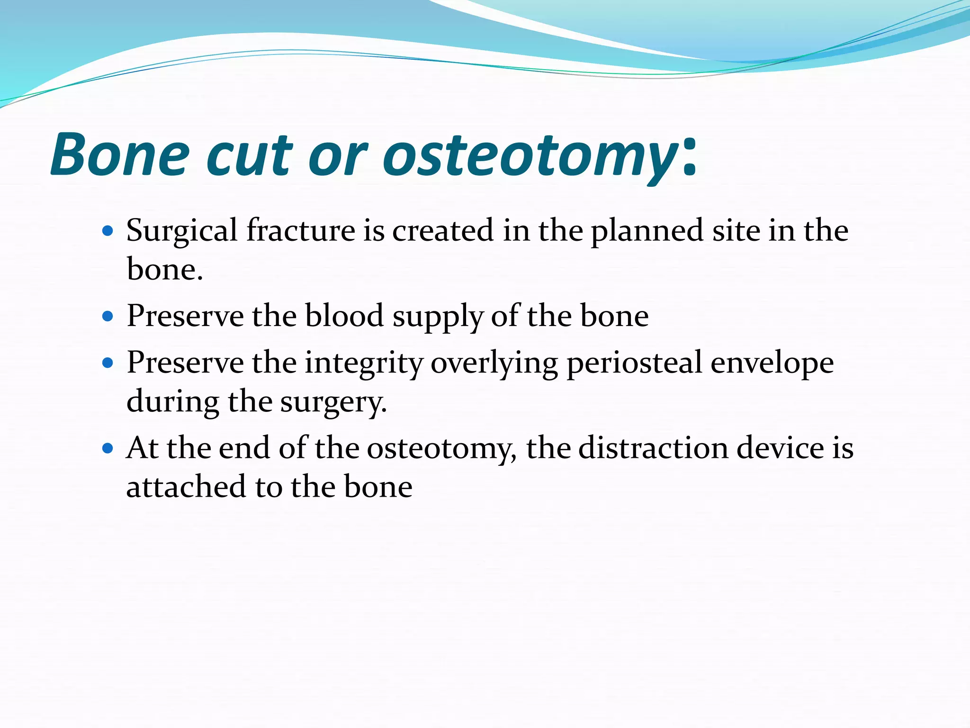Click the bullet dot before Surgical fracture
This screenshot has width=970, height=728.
(x=108, y=231)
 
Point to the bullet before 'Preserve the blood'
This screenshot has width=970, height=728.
(x=108, y=316)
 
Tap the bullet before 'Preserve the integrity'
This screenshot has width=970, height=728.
(x=108, y=364)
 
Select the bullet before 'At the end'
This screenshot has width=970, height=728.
(x=108, y=448)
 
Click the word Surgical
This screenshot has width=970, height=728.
(x=182, y=231)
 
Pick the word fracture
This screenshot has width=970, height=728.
(x=301, y=230)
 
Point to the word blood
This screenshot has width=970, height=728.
(x=344, y=316)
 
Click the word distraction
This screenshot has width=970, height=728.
(x=653, y=448)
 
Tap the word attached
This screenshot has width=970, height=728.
(x=187, y=487)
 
